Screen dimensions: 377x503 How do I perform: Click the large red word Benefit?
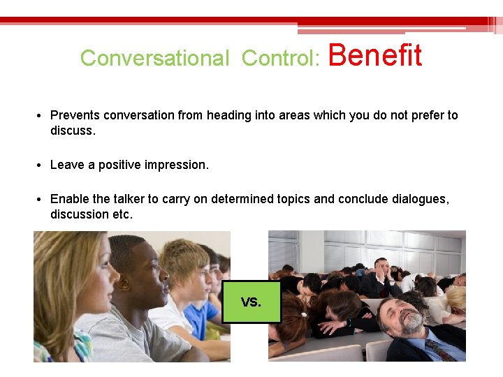(374, 55)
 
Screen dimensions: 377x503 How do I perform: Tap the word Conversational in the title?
(154, 59)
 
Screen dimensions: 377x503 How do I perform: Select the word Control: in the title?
(280, 59)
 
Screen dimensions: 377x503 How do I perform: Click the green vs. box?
(251, 302)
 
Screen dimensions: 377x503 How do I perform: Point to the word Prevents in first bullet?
(75, 115)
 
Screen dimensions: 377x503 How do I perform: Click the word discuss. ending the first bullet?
(73, 131)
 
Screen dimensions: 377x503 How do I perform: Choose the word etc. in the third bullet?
(122, 214)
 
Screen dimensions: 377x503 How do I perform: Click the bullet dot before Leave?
(42, 165)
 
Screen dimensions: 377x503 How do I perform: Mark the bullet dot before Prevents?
(42, 116)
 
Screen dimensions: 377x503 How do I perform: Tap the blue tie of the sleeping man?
(439, 349)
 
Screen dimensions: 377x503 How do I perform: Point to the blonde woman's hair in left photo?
(59, 272)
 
